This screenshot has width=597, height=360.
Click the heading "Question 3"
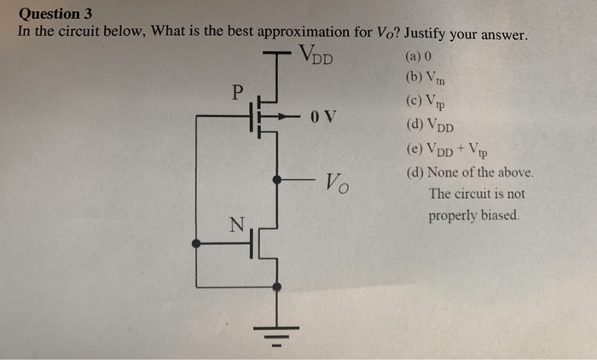tap(55, 14)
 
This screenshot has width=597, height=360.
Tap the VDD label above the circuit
tap(316, 59)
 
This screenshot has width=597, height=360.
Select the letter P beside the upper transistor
tap(237, 90)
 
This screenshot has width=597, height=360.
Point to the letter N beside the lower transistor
tap(236, 224)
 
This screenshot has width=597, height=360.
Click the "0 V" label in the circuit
tap(325, 116)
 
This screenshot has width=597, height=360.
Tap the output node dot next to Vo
tap(276, 180)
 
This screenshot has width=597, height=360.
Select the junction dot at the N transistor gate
tap(197, 244)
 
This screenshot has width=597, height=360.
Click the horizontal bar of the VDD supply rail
tap(277, 54)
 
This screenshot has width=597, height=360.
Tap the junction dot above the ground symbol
tap(276, 287)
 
